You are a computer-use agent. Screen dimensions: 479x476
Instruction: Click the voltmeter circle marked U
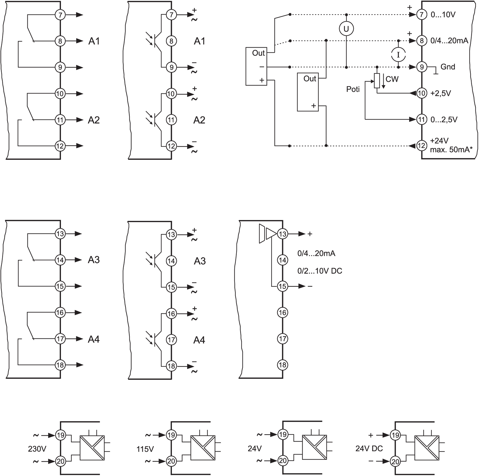pyautogui.click(x=346, y=29)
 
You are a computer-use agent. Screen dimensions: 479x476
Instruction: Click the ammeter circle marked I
pyautogui.click(x=398, y=54)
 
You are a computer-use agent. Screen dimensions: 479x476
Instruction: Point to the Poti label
pyautogui.click(x=353, y=89)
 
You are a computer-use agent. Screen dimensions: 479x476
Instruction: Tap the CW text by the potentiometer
pyautogui.click(x=392, y=79)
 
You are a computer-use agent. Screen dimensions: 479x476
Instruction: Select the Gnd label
pyautogui.click(x=448, y=67)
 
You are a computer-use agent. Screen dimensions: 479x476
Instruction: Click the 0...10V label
pyautogui.click(x=443, y=15)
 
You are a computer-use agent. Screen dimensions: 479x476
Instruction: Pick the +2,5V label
pyautogui.click(x=441, y=93)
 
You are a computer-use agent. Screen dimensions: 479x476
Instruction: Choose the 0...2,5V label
pyautogui.click(x=444, y=120)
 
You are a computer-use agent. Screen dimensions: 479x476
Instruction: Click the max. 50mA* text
pyautogui.click(x=451, y=150)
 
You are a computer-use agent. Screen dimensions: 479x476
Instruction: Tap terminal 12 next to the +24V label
pyautogui.click(x=421, y=146)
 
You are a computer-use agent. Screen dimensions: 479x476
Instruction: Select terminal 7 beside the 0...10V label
pyautogui.click(x=421, y=15)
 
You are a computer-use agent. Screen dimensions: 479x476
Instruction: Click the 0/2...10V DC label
pyautogui.click(x=320, y=271)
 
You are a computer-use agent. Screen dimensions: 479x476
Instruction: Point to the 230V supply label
pyautogui.click(x=37, y=449)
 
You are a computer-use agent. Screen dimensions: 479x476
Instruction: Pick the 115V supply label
pyautogui.click(x=145, y=449)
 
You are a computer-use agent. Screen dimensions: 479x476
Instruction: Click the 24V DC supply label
pyautogui.click(x=369, y=449)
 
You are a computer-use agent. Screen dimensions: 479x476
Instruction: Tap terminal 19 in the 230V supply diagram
pyautogui.click(x=60, y=435)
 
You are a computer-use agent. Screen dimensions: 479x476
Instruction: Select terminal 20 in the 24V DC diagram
pyautogui.click(x=395, y=461)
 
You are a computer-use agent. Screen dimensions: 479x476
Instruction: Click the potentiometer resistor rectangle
pyautogui.click(x=377, y=81)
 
